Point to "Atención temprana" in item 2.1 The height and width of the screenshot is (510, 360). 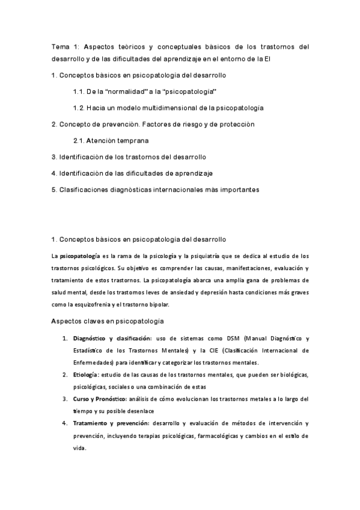(117, 141)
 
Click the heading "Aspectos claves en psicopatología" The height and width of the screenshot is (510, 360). (108, 321)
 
